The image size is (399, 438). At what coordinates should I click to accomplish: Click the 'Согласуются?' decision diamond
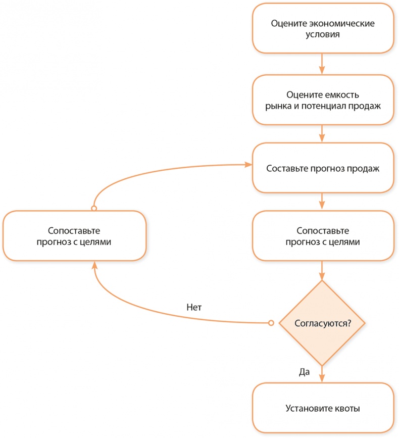(322, 322)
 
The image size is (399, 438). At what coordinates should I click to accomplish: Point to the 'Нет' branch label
(194, 307)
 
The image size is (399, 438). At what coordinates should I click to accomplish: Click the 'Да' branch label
(304, 371)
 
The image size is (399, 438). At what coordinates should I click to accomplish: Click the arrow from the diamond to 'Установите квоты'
(322, 374)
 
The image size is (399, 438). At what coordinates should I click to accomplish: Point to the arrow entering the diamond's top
(322, 270)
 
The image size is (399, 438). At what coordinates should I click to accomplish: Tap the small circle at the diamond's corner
(271, 322)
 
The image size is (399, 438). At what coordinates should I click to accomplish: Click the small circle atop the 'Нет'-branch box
(93, 208)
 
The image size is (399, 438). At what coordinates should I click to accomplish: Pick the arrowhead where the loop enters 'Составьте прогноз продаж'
(248, 165)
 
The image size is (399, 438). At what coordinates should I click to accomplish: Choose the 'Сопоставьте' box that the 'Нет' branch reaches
(74, 236)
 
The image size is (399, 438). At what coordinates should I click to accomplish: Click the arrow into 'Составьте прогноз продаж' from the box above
(322, 133)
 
